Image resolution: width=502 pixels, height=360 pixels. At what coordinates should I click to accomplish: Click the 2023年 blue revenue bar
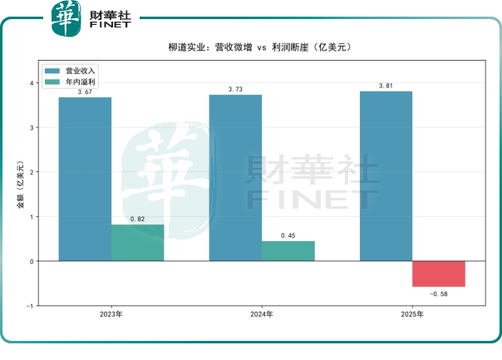(x=85, y=179)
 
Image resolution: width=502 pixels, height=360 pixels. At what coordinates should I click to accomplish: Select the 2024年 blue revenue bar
(x=236, y=178)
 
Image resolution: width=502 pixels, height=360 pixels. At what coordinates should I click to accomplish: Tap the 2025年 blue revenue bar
(x=386, y=176)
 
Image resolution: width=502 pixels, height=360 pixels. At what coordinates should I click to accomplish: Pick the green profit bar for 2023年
(x=138, y=243)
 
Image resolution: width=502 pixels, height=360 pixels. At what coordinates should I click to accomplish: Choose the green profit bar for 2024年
(x=288, y=251)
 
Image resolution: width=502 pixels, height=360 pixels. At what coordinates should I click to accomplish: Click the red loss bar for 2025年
(x=439, y=274)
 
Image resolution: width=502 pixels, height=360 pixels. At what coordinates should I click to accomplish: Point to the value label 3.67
(x=85, y=92)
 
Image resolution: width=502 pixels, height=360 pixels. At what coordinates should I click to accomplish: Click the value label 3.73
(x=235, y=89)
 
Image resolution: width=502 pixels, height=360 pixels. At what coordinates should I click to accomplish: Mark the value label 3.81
(x=386, y=86)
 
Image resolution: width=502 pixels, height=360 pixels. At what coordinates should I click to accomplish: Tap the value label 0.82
(x=137, y=219)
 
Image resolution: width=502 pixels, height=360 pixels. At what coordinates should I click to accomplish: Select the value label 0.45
(x=288, y=236)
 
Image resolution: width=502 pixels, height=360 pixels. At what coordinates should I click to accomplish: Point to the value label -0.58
(x=439, y=294)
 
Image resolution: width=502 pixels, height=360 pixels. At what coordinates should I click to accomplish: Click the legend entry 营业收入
(x=70, y=71)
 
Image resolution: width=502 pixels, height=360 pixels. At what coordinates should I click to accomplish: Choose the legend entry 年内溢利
(x=70, y=82)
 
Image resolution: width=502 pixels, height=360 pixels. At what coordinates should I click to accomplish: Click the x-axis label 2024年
(x=262, y=314)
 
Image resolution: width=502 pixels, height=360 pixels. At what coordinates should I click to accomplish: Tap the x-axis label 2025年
(x=412, y=314)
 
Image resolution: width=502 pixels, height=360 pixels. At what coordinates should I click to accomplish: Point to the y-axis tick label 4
(x=32, y=83)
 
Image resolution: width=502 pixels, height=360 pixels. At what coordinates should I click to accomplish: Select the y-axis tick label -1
(x=30, y=306)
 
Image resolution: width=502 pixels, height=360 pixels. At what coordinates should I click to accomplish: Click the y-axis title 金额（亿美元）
(x=20, y=185)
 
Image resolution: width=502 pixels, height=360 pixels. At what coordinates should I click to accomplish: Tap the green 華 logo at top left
(x=66, y=18)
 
